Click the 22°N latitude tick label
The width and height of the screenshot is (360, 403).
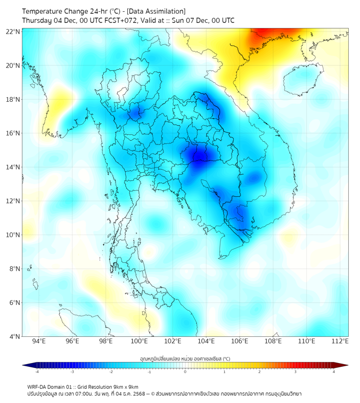point(13,31)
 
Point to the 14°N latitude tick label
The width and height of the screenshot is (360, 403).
point(13,167)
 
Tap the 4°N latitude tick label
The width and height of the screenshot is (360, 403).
point(15,336)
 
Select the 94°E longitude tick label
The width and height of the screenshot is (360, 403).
point(39,341)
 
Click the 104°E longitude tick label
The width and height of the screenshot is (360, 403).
point(206,341)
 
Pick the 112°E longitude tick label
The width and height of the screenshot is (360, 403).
point(340,341)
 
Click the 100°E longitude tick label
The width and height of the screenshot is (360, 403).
point(140,341)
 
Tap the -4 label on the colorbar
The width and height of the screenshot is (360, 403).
point(37,372)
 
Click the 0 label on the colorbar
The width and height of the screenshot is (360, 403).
point(185,372)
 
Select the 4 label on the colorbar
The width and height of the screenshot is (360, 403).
point(333,372)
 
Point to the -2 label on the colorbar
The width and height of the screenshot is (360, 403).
point(111,372)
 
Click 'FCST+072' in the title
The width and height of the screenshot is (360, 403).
point(127,21)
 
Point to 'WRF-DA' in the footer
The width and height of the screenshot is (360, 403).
point(37,386)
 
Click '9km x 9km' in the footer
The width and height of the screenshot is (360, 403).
point(126,386)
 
